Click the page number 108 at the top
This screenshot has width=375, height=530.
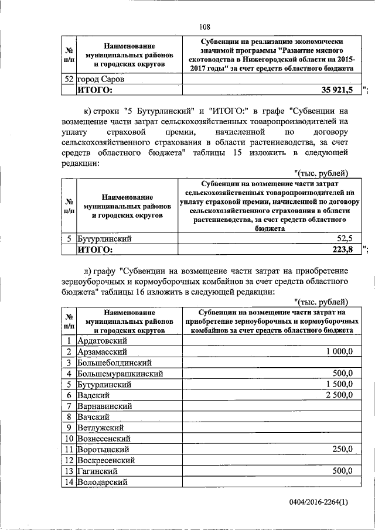tap(204, 26)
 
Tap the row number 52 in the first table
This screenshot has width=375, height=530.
tap(69, 78)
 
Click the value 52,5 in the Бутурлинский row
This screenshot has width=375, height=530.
tap(344, 238)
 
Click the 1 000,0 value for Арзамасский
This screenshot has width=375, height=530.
tap(339, 351)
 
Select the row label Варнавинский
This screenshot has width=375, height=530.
tap(106, 405)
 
